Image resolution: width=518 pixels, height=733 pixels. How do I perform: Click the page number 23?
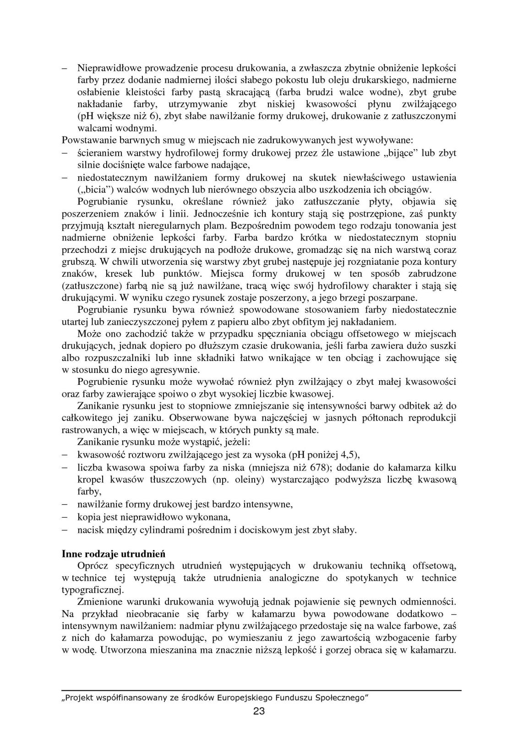(259, 711)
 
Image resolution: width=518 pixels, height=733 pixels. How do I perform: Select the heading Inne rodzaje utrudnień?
(114, 553)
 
